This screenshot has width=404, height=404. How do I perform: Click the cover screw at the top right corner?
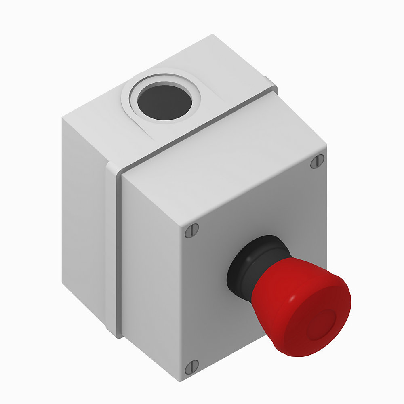[x=317, y=161]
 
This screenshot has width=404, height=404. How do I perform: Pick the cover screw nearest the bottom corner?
[x=191, y=368]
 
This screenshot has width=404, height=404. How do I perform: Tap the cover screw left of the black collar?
[x=192, y=231]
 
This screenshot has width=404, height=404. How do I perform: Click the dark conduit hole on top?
[x=164, y=101]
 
